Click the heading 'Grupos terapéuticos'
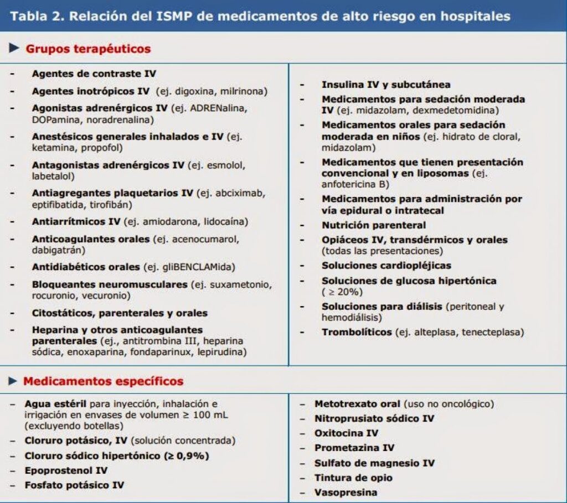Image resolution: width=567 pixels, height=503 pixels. pos(88,49)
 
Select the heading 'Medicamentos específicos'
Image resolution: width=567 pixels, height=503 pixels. pos(103,381)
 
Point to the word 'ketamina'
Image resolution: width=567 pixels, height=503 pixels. pos(51,148)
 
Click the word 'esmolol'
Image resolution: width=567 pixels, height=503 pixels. pos(228,165)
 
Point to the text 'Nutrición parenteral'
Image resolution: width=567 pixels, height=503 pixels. pos(374,225)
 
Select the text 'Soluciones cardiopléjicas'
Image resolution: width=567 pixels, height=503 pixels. pos(386,266)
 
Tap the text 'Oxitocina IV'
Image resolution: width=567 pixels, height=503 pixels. pos(347,433)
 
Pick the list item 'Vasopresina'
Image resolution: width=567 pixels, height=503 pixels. pos(346,492)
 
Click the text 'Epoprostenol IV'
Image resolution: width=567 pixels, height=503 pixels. pos(66,470)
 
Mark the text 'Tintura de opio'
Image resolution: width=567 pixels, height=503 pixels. pos(353,478)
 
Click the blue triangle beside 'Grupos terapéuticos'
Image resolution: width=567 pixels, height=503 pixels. pos(15,48)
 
